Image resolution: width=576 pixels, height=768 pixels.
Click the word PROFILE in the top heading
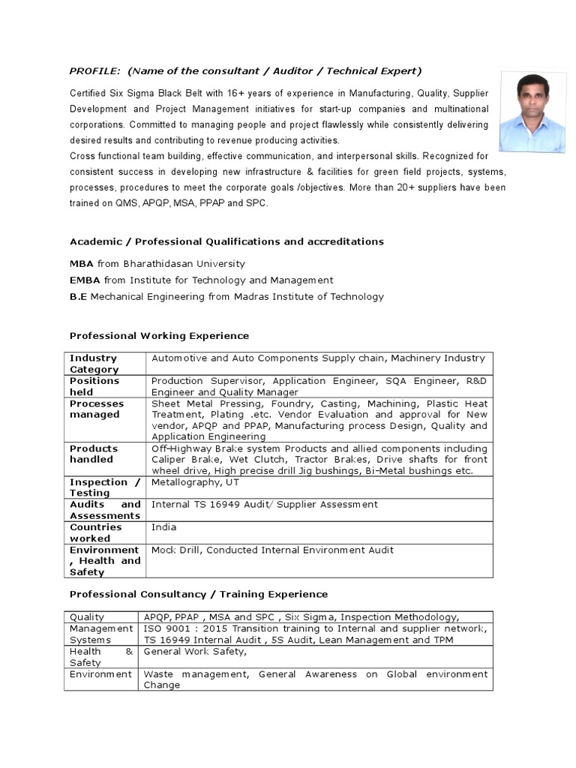[x=94, y=71]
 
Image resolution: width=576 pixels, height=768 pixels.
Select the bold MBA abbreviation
[x=82, y=264]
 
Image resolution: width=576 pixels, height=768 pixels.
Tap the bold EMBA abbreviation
[x=85, y=280]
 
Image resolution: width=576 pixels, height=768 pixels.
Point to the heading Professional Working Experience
[x=159, y=335]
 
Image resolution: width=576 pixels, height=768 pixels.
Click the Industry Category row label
[x=94, y=364]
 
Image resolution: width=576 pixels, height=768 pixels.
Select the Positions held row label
[x=94, y=386]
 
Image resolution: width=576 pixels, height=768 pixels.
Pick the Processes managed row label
[x=96, y=409]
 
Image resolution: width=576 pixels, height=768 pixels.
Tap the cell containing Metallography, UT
[x=319, y=487]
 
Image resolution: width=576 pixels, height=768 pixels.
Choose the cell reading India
[x=319, y=532]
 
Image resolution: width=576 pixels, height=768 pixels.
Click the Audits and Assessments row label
[x=105, y=510]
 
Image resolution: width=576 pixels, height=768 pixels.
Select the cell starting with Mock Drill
[x=319, y=560]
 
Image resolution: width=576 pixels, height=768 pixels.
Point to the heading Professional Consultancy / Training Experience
[x=199, y=594]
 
